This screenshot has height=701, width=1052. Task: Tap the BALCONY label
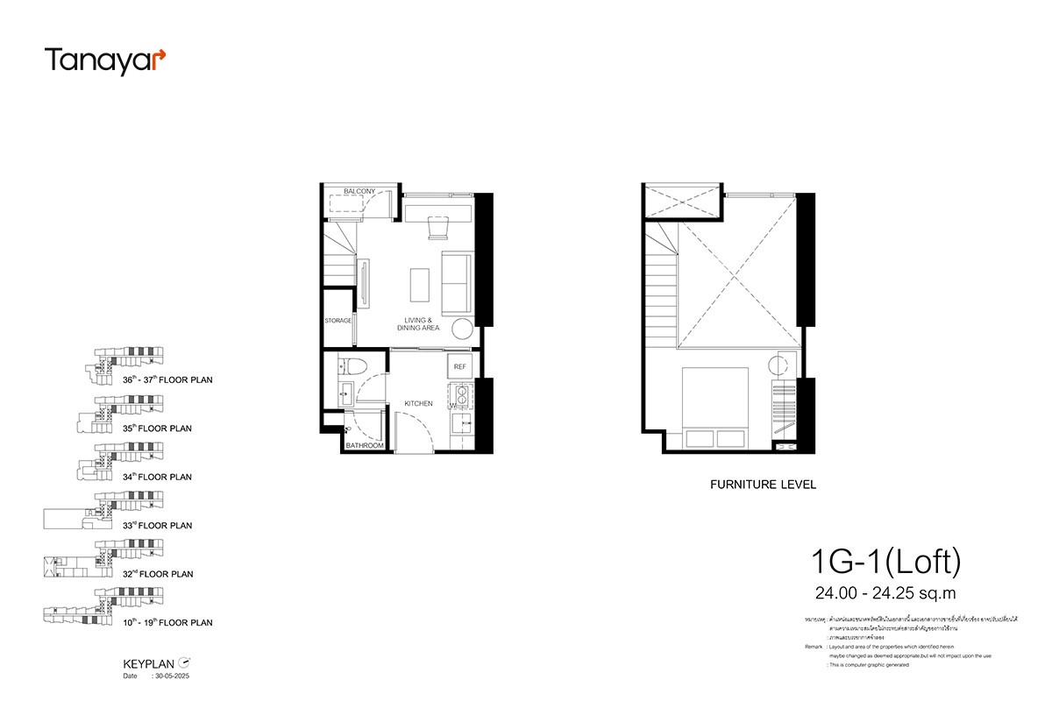pos(359,191)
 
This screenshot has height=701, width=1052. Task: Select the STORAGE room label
pos(338,321)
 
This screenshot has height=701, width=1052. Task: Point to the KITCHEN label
pos(418,403)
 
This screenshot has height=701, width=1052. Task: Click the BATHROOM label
pos(364,446)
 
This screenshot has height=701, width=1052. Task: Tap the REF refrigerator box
pos(459,366)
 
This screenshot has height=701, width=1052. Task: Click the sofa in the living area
pos(456,283)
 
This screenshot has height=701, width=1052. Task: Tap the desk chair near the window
pos(437,229)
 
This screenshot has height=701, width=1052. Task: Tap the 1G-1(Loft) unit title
pos(885,558)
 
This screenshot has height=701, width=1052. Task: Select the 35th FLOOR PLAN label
pos(158,428)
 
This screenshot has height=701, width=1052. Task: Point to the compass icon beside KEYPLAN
pos(184,663)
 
